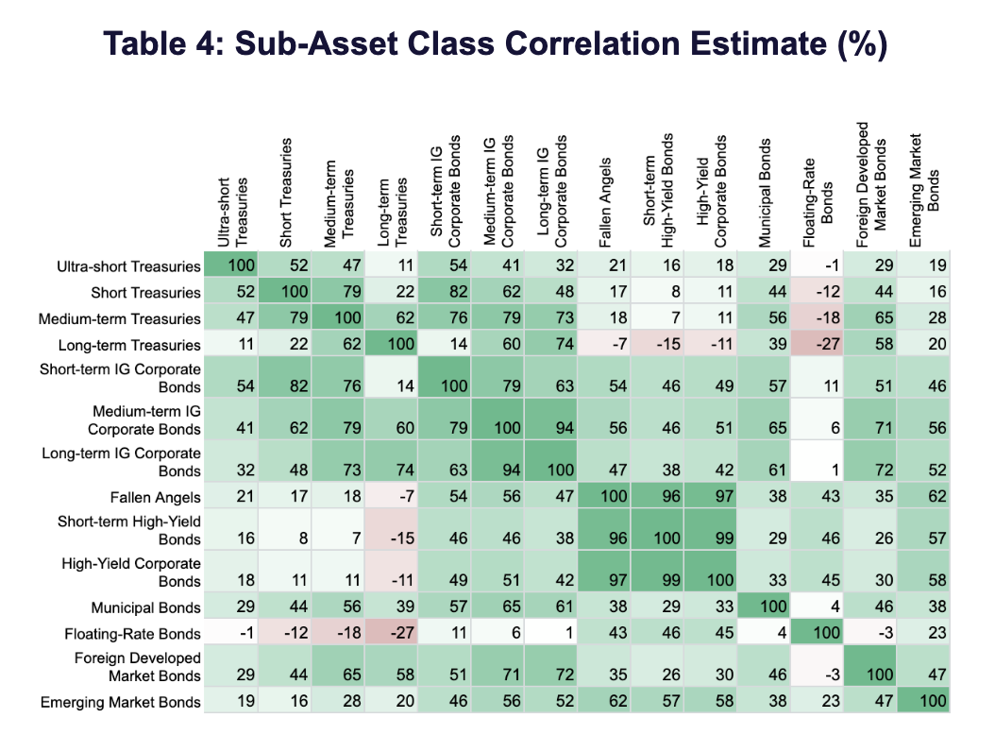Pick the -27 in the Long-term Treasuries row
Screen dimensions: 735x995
[818, 345]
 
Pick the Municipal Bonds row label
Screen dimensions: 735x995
[146, 607]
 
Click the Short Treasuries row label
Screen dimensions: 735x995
[146, 293]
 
